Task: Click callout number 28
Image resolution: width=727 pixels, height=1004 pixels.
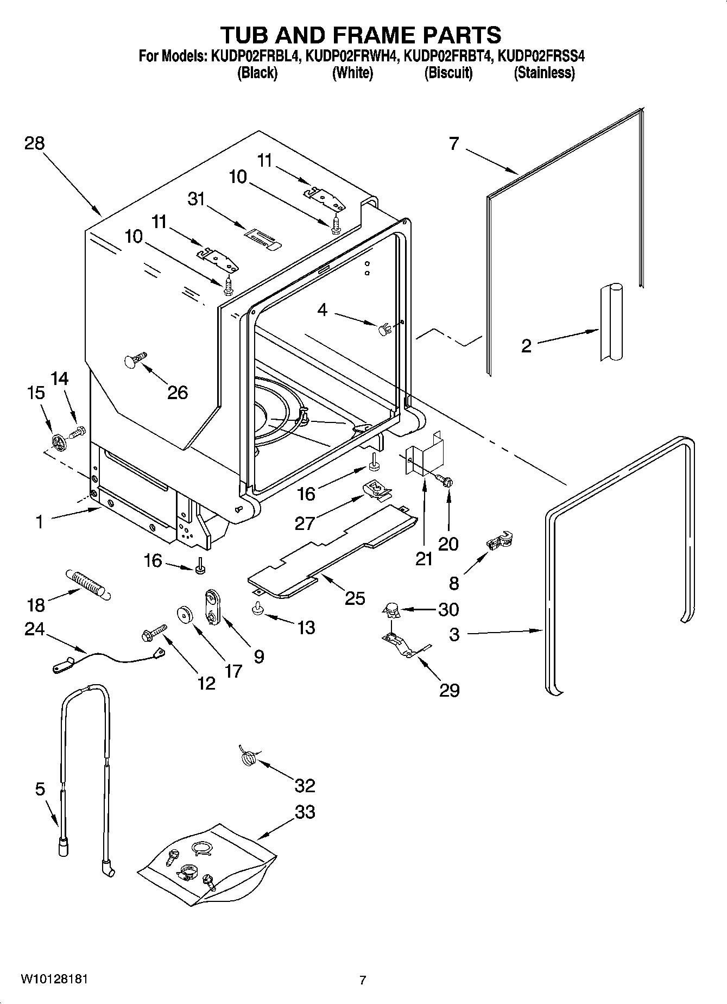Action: [34, 143]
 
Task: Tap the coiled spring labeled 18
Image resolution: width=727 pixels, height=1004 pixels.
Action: [88, 584]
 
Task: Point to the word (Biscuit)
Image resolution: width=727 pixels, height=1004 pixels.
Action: [448, 73]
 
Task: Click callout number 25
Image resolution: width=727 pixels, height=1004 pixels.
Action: [355, 598]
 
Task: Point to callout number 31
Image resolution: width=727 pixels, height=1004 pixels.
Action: [197, 199]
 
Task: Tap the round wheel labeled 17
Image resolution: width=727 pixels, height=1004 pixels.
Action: [186, 616]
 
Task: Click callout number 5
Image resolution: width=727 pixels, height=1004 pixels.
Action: [40, 789]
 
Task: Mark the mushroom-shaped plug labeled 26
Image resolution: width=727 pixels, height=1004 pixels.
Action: [135, 359]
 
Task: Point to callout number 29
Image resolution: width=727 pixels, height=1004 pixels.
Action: [449, 690]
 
